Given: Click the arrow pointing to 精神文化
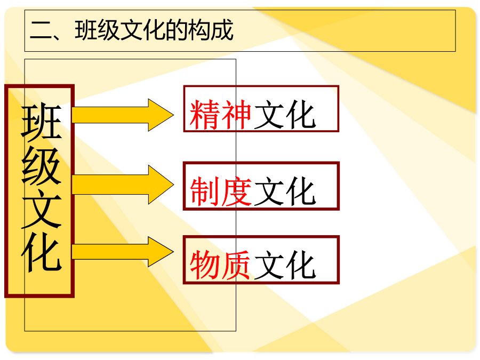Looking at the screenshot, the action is click(123, 115).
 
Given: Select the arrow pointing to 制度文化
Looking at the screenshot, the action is click(123, 185).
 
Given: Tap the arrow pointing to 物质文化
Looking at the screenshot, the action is click(123, 252).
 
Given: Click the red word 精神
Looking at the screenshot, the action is click(220, 115).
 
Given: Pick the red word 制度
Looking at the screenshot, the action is click(220, 191).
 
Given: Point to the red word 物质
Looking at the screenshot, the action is click(220, 265).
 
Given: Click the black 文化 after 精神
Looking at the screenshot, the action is click(285, 115).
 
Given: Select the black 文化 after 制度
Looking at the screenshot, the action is click(285, 191).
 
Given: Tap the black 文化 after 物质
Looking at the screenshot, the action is click(285, 265).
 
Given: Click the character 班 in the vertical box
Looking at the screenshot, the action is click(41, 123).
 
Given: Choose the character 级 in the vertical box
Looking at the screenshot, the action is click(41, 166).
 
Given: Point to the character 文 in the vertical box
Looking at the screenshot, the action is click(41, 209).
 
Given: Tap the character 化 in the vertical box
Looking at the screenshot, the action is click(41, 252).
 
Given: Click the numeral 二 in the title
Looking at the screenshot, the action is click(41, 30).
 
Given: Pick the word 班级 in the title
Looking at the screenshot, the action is click(97, 30).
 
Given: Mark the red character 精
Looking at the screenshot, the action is click(205, 115).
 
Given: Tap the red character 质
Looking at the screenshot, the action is click(236, 265).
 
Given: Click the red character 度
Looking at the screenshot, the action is click(236, 191).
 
